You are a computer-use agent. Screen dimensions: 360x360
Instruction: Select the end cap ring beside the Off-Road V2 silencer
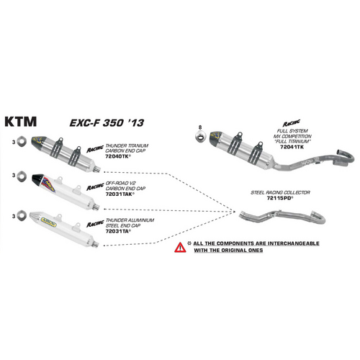(22, 175)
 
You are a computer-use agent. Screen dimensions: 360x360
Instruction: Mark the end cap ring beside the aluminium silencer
(22, 215)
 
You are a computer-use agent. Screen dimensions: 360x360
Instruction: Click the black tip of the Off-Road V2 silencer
(41, 174)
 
